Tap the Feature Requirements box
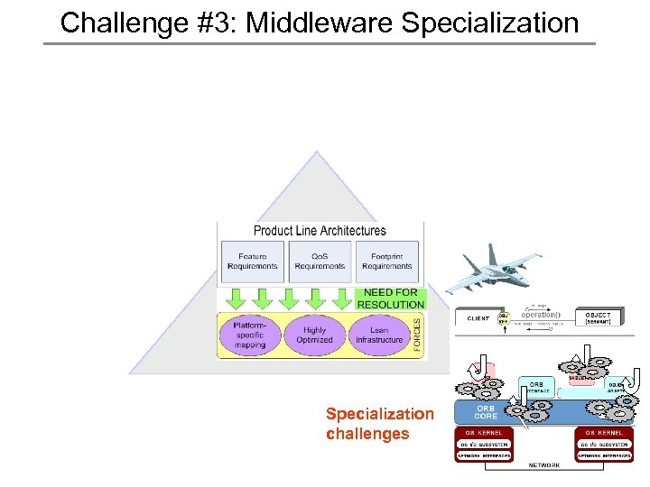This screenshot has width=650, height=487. (x=253, y=261)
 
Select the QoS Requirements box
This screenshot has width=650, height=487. (x=320, y=261)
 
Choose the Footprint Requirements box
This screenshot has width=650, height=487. (x=387, y=261)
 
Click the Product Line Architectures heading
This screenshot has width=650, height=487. (x=320, y=231)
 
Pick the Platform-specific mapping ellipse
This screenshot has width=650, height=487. (x=250, y=334)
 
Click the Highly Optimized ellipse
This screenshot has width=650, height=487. (x=315, y=335)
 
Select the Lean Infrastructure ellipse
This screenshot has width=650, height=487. (x=379, y=335)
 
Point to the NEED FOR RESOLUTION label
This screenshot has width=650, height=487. (x=390, y=299)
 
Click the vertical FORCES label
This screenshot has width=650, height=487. (x=417, y=334)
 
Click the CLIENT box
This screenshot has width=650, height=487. (x=478, y=318)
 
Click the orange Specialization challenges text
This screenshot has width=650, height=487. (x=379, y=424)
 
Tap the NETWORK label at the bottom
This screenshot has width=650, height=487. (x=543, y=464)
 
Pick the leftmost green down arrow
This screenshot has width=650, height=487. (x=234, y=298)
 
